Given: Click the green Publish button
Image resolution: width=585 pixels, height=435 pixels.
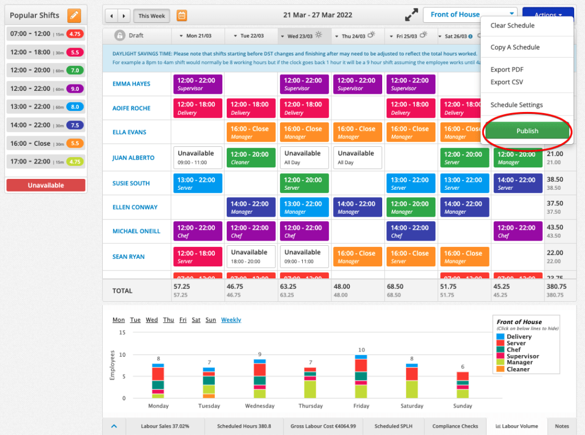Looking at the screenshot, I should point(527,131).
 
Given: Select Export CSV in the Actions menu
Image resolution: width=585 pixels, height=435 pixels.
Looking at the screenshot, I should point(507,82).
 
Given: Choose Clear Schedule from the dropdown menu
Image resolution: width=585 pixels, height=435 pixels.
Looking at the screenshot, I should point(512,26).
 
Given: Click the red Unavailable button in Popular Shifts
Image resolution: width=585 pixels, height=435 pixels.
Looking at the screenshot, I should point(46,185).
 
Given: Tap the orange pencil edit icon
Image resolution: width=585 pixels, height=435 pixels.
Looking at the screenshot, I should point(74,15).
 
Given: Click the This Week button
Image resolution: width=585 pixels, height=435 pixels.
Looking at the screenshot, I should point(151,16).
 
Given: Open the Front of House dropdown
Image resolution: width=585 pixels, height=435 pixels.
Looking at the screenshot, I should point(470,15).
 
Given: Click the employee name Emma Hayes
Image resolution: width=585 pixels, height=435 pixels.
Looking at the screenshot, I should point(131,84).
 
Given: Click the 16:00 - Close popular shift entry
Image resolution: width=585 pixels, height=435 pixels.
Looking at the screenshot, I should point(46,143).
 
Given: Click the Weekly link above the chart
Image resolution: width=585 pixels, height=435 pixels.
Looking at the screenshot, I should point(231,320).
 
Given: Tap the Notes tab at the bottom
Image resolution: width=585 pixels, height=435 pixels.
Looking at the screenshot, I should point(562,426).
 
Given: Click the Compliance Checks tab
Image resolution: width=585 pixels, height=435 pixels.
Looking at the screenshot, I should point(455,426).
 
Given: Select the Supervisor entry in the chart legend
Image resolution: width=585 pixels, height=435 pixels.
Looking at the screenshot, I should point(522,356).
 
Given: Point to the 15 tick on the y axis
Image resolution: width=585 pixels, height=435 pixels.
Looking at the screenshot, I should point(122,332).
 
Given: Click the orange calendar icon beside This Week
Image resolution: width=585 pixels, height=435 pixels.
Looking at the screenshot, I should point(182,15).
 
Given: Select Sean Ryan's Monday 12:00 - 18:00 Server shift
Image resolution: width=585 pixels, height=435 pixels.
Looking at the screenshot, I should point(197,257).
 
